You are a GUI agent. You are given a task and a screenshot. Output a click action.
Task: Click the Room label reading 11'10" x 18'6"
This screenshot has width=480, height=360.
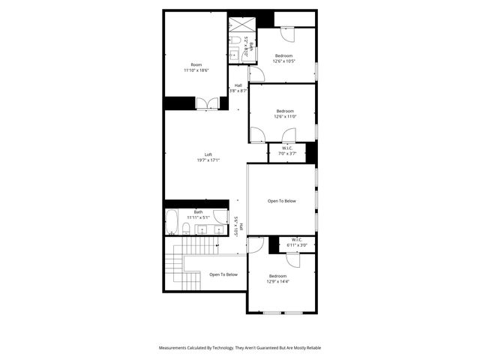coord(196,67)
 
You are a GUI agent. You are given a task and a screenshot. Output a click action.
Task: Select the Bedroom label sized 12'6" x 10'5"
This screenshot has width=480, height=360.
coord(284,58)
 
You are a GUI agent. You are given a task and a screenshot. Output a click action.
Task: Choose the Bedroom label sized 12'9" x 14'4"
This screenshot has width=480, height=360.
coord(278,279)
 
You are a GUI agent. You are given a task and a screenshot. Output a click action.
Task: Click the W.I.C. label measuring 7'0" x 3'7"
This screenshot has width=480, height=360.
coord(287,151)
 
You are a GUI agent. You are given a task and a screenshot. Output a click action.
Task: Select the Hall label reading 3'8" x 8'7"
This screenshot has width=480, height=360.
coord(238,88)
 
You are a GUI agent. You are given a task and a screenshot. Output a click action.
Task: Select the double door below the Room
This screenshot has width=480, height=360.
coord(207,104)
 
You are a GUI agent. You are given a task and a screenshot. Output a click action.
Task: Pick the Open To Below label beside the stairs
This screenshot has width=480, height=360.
coord(223,274)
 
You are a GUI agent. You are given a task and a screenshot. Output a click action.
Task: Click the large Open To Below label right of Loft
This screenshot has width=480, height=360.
coord(282,201)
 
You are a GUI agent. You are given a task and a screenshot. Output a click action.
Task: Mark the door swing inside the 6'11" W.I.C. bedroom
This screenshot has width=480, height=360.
coord(293,259)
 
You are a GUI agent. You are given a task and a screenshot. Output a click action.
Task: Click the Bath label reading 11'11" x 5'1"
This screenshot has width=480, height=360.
coord(198,214)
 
